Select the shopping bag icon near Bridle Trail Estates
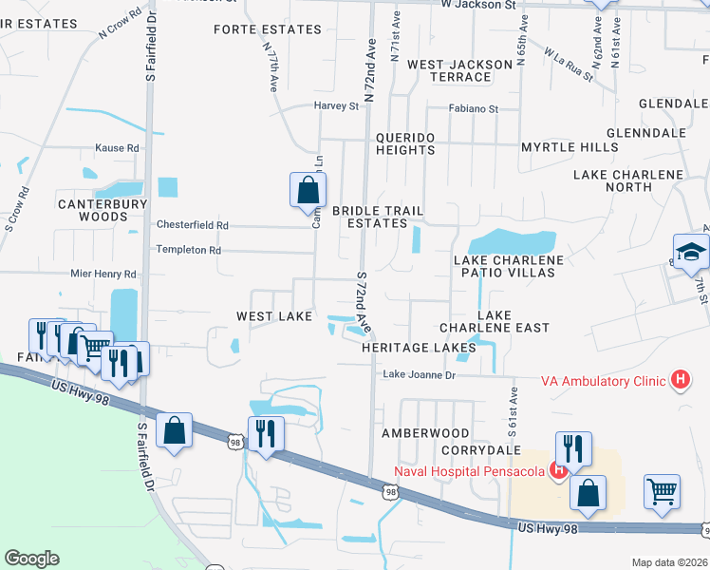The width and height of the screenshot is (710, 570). [x=308, y=190]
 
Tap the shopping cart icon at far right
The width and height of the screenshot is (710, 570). [x=662, y=491]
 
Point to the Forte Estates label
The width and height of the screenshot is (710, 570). [x=268, y=29]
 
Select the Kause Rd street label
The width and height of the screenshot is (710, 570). [x=117, y=148]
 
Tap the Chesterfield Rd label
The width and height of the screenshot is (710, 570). [x=193, y=225]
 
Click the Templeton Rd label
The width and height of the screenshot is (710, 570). [x=189, y=250]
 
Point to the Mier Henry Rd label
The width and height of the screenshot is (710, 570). [x=103, y=274]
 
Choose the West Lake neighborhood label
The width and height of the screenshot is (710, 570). [x=274, y=315]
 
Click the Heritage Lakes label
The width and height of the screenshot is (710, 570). [x=419, y=348]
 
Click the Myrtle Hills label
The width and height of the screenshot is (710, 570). [x=570, y=147]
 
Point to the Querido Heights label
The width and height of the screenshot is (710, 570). [x=405, y=143]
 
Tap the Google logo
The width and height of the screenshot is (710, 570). [x=31, y=559]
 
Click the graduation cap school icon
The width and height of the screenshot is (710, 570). [x=691, y=252]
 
